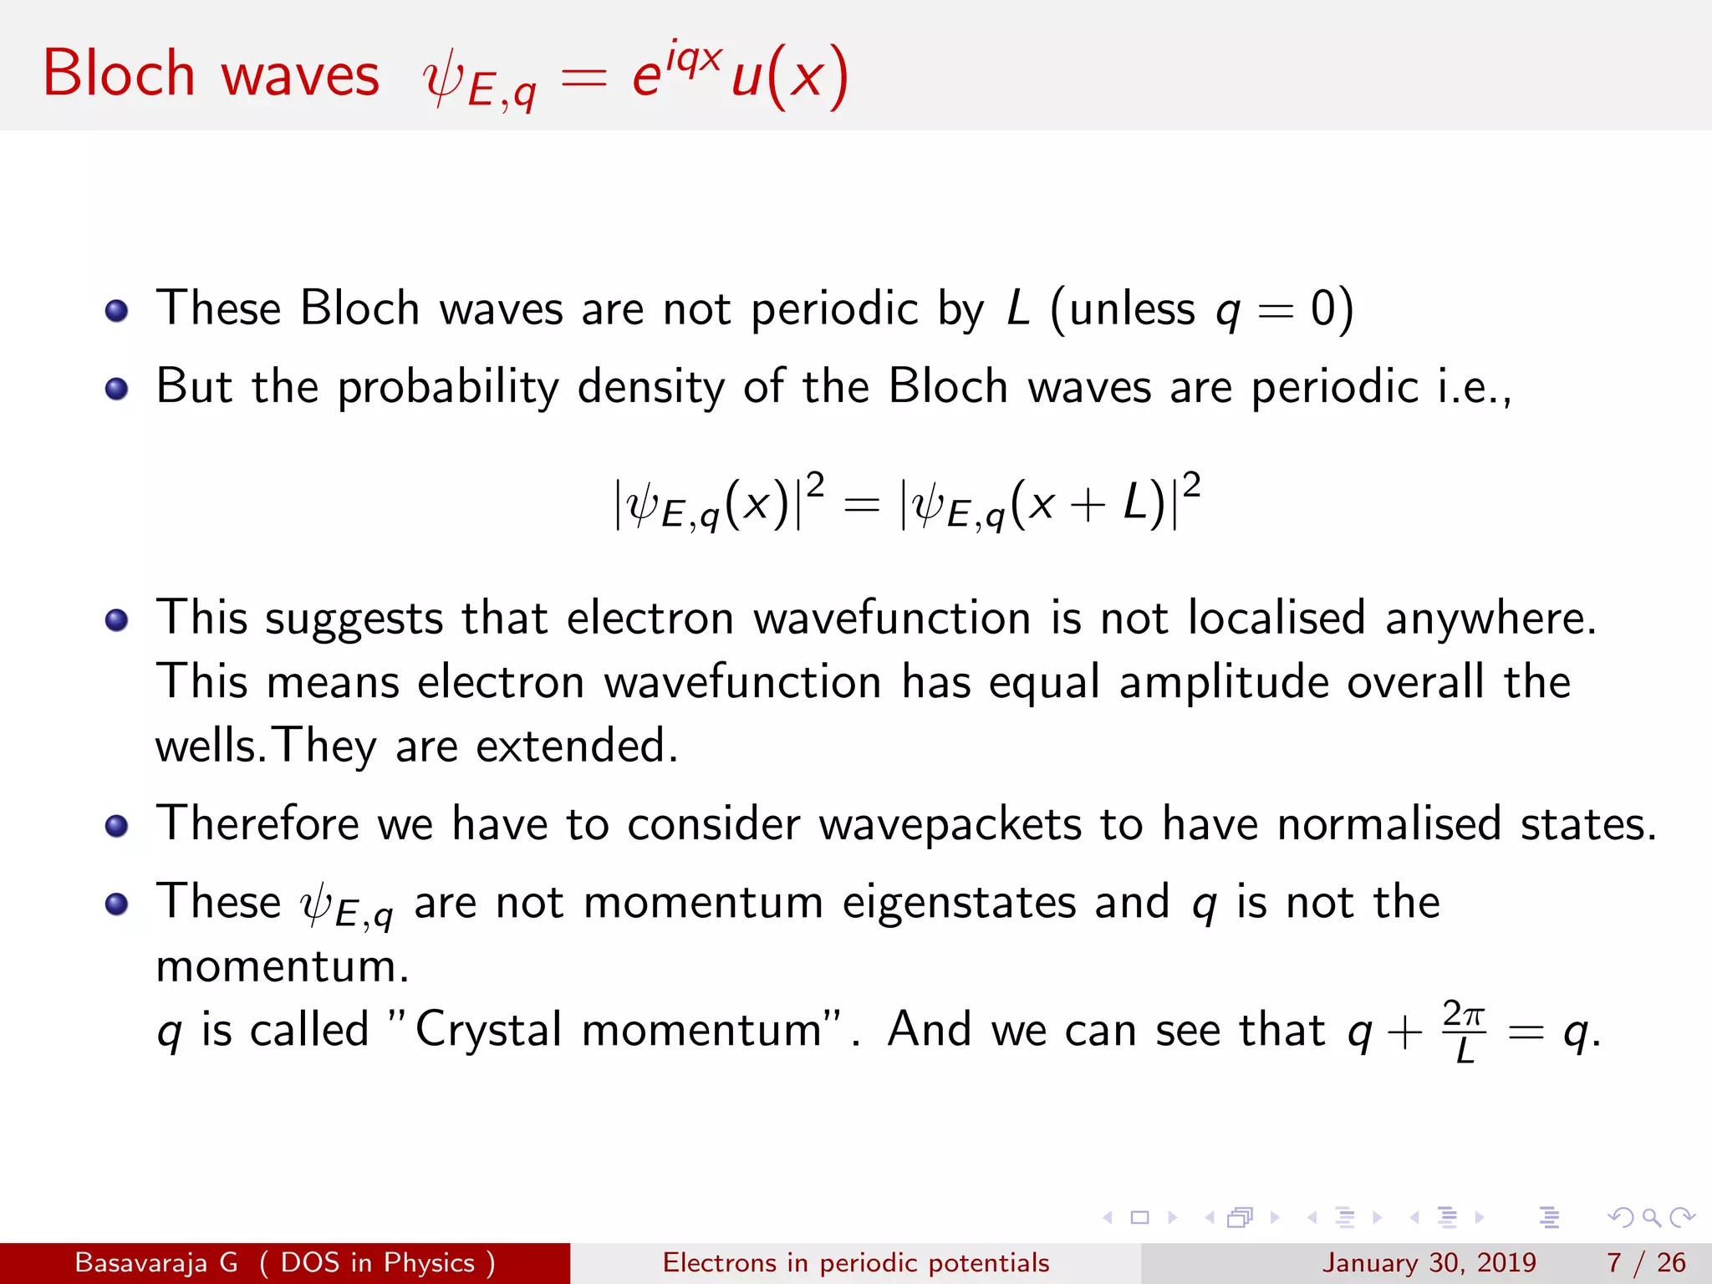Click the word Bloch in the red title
(x=119, y=74)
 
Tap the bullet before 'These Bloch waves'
(x=117, y=311)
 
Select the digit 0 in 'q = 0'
(x=1323, y=308)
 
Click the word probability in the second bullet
(x=448, y=387)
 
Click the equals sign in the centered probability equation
(x=861, y=505)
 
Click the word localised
(x=1276, y=619)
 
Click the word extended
(x=576, y=746)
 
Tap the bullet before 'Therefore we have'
(x=117, y=826)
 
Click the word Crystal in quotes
(x=489, y=1030)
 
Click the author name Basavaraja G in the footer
(x=156, y=1262)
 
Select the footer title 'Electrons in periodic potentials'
(x=856, y=1262)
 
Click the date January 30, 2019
(x=1429, y=1262)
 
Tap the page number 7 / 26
(x=1646, y=1262)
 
